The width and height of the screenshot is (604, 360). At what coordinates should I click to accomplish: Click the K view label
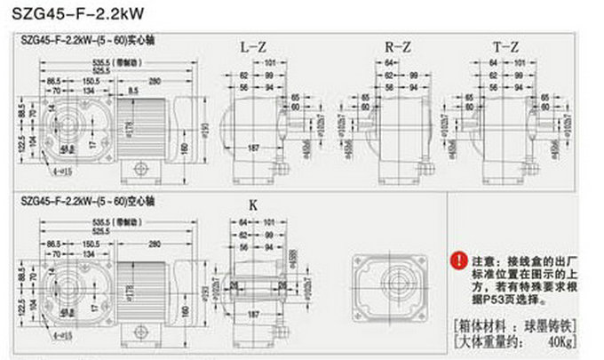(252, 204)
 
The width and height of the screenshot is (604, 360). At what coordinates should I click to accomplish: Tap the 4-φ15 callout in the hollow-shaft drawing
(63, 335)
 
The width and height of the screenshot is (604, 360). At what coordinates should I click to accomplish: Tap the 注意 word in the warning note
(483, 261)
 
